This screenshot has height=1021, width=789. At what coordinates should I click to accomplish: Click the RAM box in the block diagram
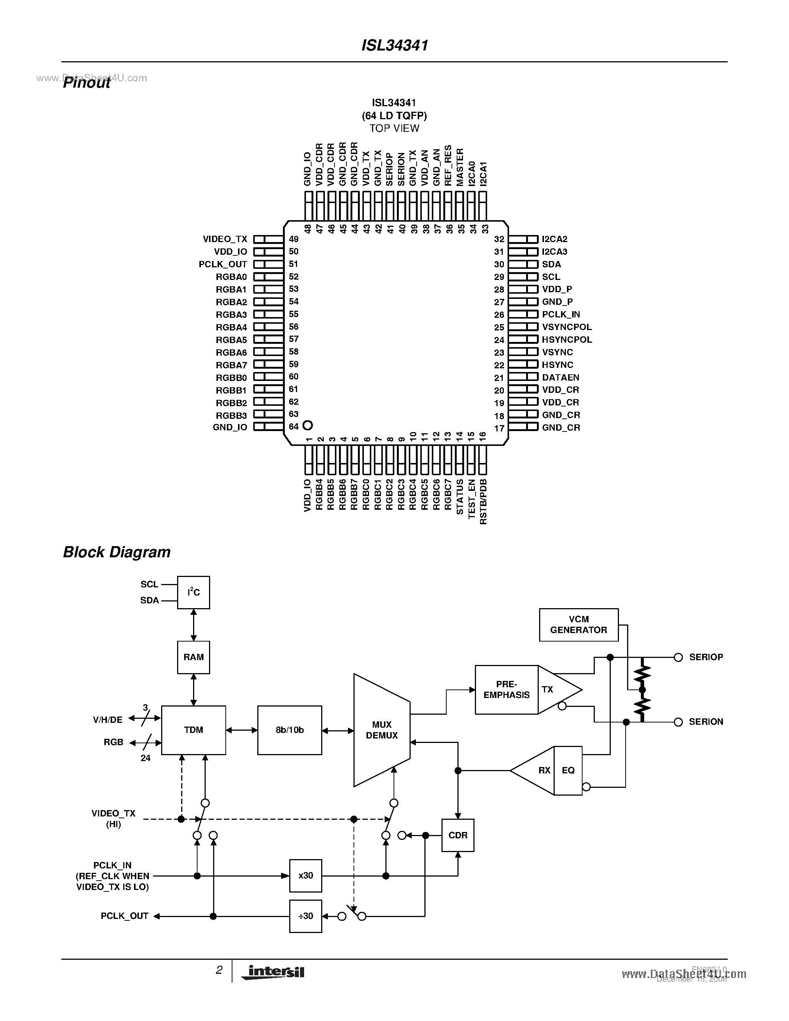pyautogui.click(x=193, y=657)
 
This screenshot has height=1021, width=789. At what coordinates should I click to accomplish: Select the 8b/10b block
pyautogui.click(x=289, y=730)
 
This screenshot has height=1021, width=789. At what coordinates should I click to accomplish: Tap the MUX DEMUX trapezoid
pyautogui.click(x=381, y=730)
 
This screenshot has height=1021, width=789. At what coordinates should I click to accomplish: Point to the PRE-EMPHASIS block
pyautogui.click(x=506, y=689)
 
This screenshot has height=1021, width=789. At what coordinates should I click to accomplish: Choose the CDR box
pyautogui.click(x=457, y=835)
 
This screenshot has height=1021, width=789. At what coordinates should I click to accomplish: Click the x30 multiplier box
pyautogui.click(x=305, y=875)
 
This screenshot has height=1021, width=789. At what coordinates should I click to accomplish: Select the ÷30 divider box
pyautogui.click(x=305, y=916)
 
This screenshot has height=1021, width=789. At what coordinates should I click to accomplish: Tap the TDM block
pyautogui.click(x=193, y=730)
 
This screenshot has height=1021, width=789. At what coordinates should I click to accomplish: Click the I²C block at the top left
pyautogui.click(x=193, y=592)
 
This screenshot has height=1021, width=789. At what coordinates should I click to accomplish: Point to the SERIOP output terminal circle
pyautogui.click(x=678, y=657)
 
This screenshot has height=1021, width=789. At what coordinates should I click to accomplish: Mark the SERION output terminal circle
pyautogui.click(x=678, y=722)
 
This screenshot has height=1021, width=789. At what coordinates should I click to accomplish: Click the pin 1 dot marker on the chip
pyautogui.click(x=307, y=425)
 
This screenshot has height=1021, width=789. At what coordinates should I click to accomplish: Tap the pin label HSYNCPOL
pyautogui.click(x=567, y=340)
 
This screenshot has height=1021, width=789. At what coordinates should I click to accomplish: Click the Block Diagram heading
pyautogui.click(x=117, y=552)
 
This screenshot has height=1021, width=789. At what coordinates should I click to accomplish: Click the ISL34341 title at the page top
pyautogui.click(x=395, y=45)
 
